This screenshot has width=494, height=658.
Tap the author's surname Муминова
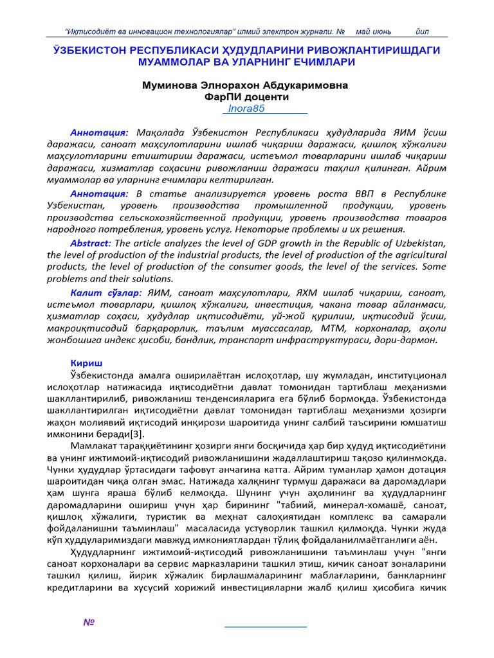(170, 85)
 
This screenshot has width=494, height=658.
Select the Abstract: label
(90, 243)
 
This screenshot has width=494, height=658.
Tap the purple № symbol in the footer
(89, 623)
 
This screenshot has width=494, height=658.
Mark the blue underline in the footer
(265, 626)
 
